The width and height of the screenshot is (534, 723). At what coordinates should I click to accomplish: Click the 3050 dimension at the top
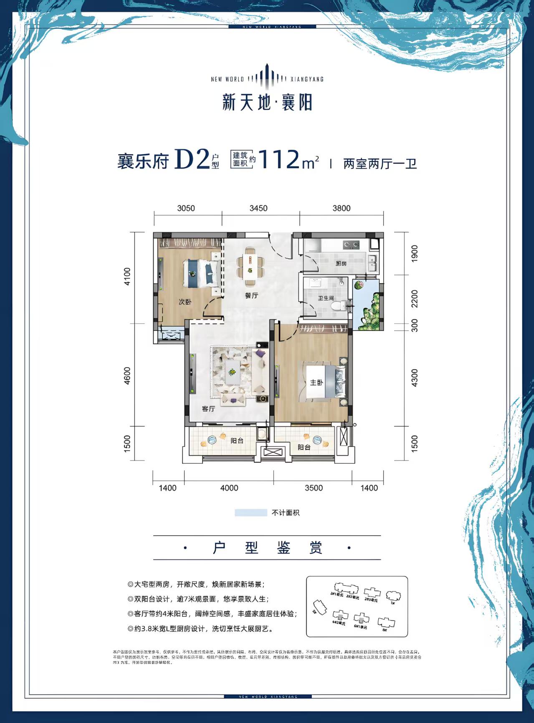pyautogui.click(x=186, y=208)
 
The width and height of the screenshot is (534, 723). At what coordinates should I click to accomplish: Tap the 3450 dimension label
pyautogui.click(x=258, y=208)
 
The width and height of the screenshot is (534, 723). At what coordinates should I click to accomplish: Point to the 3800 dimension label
pyautogui.click(x=341, y=208)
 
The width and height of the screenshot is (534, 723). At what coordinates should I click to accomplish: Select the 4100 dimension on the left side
pyautogui.click(x=127, y=277)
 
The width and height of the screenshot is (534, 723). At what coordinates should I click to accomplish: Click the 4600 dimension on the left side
pyautogui.click(x=127, y=376)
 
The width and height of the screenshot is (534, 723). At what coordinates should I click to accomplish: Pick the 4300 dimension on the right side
pyautogui.click(x=414, y=378)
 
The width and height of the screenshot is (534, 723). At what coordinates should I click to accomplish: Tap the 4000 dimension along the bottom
pyautogui.click(x=229, y=488)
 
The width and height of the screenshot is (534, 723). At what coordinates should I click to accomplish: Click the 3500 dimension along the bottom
pyautogui.click(x=314, y=488)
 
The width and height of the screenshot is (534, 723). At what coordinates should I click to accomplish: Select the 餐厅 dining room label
pyautogui.click(x=251, y=295)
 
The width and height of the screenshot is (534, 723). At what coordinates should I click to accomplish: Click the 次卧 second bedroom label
pyautogui.click(x=185, y=302)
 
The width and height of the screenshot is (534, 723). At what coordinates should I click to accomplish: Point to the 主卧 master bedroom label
pyautogui.click(x=316, y=383)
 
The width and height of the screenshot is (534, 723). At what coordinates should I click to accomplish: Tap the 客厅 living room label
pyautogui.click(x=208, y=408)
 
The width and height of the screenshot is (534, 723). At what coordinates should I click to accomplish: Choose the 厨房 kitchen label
pyautogui.click(x=341, y=263)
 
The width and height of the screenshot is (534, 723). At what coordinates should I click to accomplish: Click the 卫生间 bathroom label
pyautogui.click(x=326, y=298)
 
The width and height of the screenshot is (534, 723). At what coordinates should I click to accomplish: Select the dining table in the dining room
pyautogui.click(x=250, y=267)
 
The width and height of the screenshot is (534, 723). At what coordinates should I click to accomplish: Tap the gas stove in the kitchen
pyautogui.click(x=351, y=244)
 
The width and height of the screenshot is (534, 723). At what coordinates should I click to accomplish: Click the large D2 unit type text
pyautogui.click(x=191, y=159)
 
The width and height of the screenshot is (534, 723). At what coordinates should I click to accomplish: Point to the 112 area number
pyautogui.click(x=279, y=159)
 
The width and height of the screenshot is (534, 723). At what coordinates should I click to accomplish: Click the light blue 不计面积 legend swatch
pyautogui.click(x=251, y=513)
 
